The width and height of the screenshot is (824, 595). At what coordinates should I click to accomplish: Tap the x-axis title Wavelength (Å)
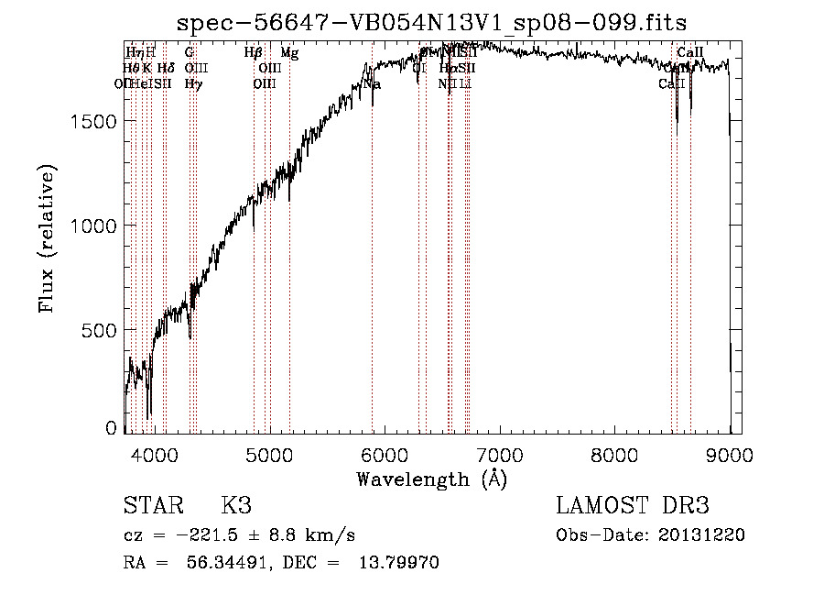(431, 479)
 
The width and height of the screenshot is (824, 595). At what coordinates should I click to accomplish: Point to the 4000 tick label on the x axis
(154, 454)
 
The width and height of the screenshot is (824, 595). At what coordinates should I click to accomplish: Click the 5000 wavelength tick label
(269, 454)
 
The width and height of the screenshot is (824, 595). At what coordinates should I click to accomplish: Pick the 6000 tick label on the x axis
(385, 454)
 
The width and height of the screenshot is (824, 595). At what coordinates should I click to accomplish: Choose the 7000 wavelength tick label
(500, 454)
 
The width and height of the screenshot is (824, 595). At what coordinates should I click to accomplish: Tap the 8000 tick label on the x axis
(615, 454)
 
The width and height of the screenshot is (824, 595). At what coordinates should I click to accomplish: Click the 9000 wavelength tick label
(730, 454)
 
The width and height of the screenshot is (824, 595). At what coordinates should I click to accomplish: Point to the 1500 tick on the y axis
(94, 122)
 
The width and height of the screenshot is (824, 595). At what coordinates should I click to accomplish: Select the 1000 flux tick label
(94, 226)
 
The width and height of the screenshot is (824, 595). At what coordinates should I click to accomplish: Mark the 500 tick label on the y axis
(101, 330)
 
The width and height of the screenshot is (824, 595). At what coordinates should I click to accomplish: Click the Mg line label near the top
(289, 53)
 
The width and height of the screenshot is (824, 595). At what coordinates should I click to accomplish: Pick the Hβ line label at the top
(254, 53)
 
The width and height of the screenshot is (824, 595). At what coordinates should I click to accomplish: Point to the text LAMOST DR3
(632, 506)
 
